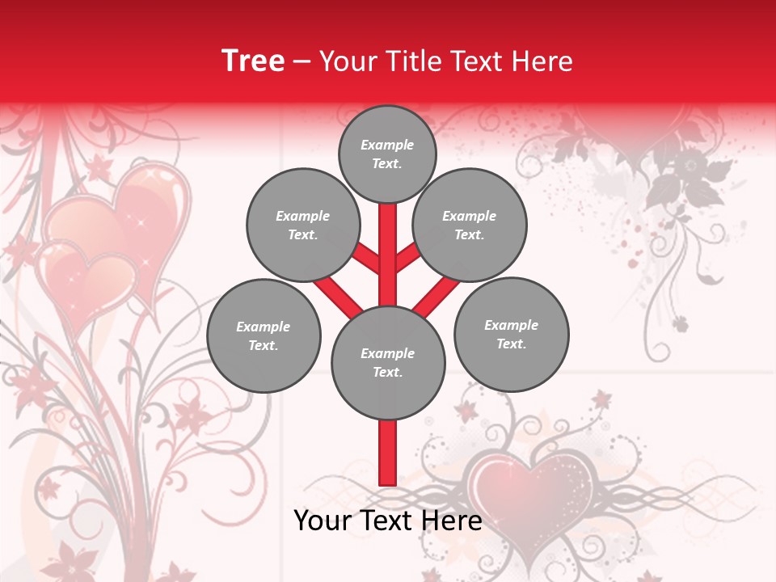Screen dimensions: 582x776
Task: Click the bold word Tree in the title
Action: coord(253,61)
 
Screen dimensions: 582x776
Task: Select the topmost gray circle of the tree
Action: coord(387,154)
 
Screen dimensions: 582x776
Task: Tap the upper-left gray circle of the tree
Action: coord(303,225)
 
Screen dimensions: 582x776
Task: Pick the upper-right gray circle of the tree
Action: coord(470,225)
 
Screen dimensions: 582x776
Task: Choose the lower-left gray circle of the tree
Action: coord(264,335)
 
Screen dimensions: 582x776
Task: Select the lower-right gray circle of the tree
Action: coord(512,334)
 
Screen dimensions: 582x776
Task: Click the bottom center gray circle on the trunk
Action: coord(388,362)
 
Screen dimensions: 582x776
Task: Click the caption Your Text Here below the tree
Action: coord(388,521)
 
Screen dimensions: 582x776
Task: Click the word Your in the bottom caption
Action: coord(323,521)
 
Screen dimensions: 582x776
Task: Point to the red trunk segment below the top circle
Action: coord(388,242)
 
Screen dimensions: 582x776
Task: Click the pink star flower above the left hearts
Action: coord(99,167)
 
